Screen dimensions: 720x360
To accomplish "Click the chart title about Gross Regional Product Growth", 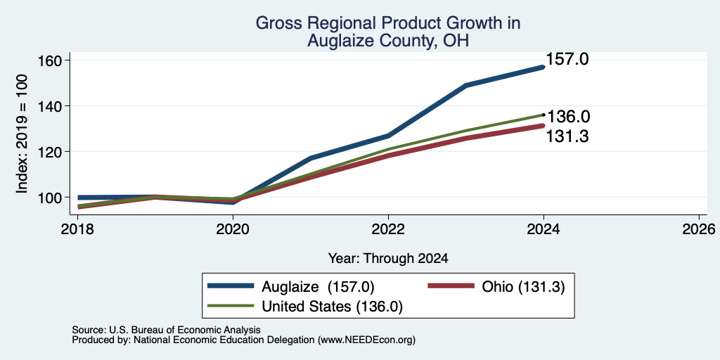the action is click(x=388, y=32).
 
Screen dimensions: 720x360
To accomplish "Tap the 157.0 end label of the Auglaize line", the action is click(x=567, y=59).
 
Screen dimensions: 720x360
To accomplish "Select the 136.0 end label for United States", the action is click(x=568, y=117).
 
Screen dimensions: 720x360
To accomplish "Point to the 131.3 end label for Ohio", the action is click(x=567, y=136).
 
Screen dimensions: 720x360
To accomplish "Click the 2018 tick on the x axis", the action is click(x=77, y=229).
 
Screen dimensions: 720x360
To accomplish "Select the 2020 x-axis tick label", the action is click(x=233, y=229).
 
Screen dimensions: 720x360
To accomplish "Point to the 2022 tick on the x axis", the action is click(x=388, y=229).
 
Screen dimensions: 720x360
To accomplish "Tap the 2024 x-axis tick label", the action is click(x=544, y=229).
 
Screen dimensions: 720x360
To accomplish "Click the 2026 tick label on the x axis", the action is click(x=699, y=229).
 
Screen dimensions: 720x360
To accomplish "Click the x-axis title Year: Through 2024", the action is click(x=388, y=259).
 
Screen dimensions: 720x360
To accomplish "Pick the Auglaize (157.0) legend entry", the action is click(x=291, y=287).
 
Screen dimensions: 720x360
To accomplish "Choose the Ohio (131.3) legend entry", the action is click(x=496, y=287).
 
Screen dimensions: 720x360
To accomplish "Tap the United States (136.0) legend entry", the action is click(x=305, y=307).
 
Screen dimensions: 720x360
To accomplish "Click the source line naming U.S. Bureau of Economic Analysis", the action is click(x=166, y=330).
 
